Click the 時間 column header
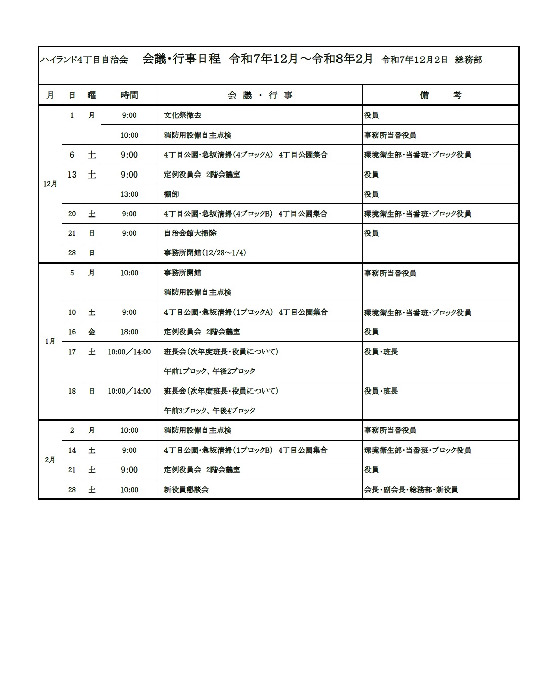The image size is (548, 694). pyautogui.click(x=129, y=95)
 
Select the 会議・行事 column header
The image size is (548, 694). pyautogui.click(x=260, y=95)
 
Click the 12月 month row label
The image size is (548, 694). pyautogui.click(x=50, y=184)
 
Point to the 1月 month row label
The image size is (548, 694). pyautogui.click(x=50, y=341)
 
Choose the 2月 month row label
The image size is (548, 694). pyautogui.click(x=50, y=460)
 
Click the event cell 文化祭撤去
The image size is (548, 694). pyautogui.click(x=182, y=115)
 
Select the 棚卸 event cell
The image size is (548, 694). pyautogui.click(x=171, y=194)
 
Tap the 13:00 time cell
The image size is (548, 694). pyautogui.click(x=129, y=194)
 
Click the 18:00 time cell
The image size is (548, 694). pyautogui.click(x=129, y=332)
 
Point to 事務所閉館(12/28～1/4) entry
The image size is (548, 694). pyautogui.click(x=205, y=253)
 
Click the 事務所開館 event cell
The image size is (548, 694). pyautogui.click(x=182, y=273)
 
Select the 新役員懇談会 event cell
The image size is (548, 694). pyautogui.click(x=186, y=490)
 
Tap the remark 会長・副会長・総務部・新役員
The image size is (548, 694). pyautogui.click(x=411, y=490)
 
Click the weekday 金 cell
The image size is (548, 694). pyautogui.click(x=91, y=332)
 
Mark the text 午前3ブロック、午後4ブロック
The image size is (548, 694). pyautogui.click(x=209, y=411)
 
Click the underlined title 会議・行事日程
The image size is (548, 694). pyautogui.click(x=181, y=59)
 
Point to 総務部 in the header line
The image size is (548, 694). pyautogui.click(x=468, y=60)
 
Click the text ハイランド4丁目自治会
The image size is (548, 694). pyautogui.click(x=84, y=60)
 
